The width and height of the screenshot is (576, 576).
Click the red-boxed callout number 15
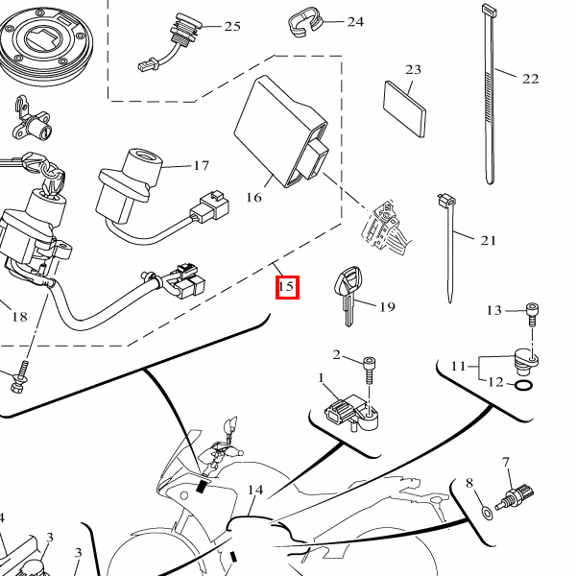(287, 287)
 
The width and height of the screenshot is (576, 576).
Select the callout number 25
(232, 27)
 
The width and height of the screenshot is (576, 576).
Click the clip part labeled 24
(304, 22)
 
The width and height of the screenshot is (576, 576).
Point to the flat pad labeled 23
(404, 109)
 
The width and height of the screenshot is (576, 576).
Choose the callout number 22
(531, 79)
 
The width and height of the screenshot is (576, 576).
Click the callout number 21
(489, 241)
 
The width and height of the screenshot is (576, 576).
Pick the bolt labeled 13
(532, 314)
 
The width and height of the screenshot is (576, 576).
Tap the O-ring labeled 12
(523, 386)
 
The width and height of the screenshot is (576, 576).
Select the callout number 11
(458, 366)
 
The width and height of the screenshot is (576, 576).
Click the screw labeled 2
(370, 371)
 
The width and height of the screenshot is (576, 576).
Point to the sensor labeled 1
(351, 412)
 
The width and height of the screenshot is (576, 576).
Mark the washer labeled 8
(487, 512)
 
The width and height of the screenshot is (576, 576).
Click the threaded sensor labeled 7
(515, 498)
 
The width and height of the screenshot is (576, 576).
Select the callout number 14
(255, 490)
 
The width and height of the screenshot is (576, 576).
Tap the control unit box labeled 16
(281, 132)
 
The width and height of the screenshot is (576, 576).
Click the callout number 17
(202, 166)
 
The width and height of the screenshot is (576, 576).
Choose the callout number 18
(19, 317)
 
